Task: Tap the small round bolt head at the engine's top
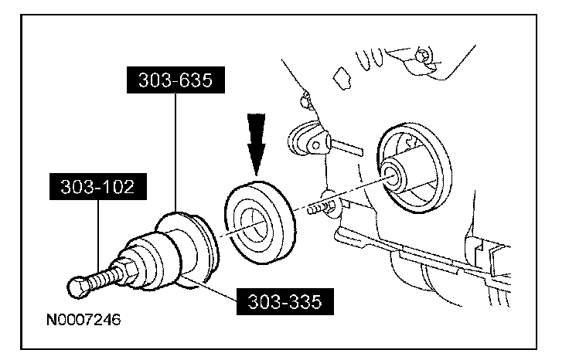point(421,56)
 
